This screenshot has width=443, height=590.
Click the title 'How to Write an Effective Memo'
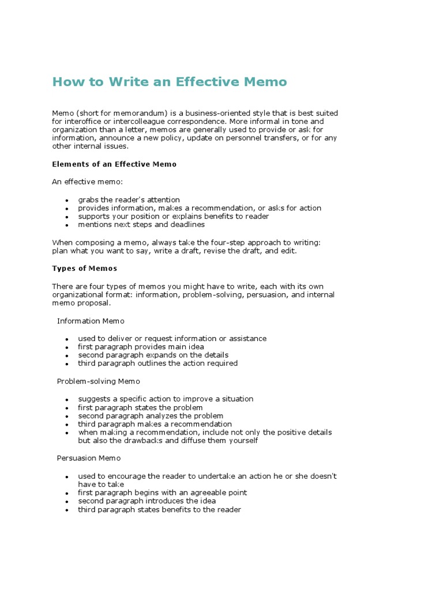(x=169, y=82)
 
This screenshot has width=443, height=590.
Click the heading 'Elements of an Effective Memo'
(x=114, y=164)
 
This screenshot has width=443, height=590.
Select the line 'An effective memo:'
(x=84, y=182)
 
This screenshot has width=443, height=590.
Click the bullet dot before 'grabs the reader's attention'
(x=67, y=201)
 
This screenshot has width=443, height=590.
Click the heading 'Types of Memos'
(x=84, y=268)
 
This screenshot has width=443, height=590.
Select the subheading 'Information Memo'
(x=91, y=321)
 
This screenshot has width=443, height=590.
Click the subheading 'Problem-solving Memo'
(x=98, y=381)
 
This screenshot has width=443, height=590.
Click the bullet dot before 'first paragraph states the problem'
(x=67, y=408)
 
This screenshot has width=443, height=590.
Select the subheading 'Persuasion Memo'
(x=89, y=458)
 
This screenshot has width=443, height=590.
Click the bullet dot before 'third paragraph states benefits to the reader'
(x=67, y=510)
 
